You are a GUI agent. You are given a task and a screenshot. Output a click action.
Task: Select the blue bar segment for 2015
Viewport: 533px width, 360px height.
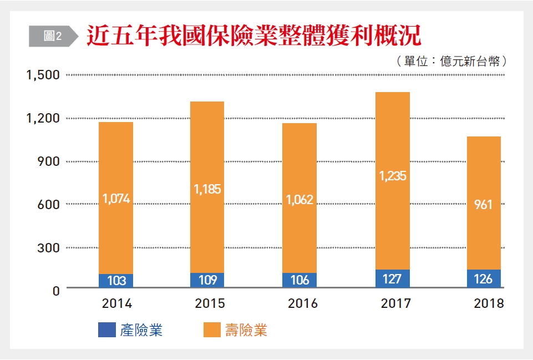(x=208, y=280)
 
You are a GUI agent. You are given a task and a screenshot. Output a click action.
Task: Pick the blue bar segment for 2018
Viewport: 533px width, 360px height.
(x=484, y=278)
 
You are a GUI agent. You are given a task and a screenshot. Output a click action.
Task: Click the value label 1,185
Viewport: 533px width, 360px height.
(x=208, y=189)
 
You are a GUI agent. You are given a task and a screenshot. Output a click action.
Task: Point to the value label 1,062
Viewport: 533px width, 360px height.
(x=300, y=200)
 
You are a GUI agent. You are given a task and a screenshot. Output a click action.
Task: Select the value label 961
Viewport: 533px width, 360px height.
(x=484, y=205)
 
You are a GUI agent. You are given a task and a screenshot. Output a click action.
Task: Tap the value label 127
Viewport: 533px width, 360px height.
(x=392, y=279)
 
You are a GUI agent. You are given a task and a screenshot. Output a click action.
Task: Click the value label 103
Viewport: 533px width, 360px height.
(x=116, y=281)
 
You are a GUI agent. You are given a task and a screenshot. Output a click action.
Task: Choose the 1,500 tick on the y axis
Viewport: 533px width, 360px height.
(x=43, y=75)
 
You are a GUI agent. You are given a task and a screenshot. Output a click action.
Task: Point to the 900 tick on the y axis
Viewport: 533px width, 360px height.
(x=48, y=161)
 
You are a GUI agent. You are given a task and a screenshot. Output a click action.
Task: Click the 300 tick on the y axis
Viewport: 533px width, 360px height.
(x=48, y=247)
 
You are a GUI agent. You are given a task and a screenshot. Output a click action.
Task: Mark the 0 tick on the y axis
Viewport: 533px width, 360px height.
(x=55, y=290)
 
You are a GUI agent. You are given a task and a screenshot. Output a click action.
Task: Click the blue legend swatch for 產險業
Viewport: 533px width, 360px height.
(x=105, y=331)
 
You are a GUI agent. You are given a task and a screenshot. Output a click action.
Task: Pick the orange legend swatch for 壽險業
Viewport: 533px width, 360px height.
(x=210, y=331)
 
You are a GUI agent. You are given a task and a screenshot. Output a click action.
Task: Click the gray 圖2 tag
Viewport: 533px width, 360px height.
(x=52, y=36)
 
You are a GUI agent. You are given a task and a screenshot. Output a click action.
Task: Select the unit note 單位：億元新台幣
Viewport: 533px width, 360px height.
(x=452, y=61)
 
